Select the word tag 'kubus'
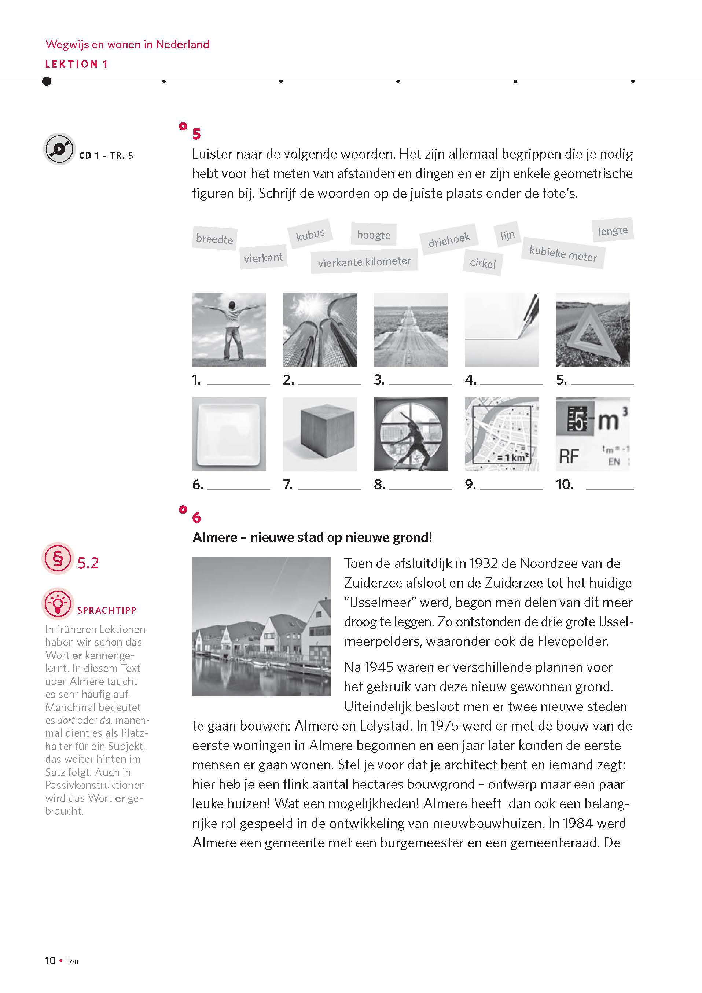click(x=310, y=234)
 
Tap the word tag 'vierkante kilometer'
click(x=364, y=262)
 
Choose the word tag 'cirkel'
click(x=483, y=263)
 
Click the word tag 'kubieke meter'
click(x=563, y=253)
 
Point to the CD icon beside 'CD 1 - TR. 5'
click(x=60, y=149)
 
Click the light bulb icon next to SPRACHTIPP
click(x=58, y=603)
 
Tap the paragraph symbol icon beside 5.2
click(x=58, y=558)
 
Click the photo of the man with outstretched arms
click(x=229, y=330)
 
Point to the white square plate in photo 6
click(x=229, y=434)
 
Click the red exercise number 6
click(x=196, y=517)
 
